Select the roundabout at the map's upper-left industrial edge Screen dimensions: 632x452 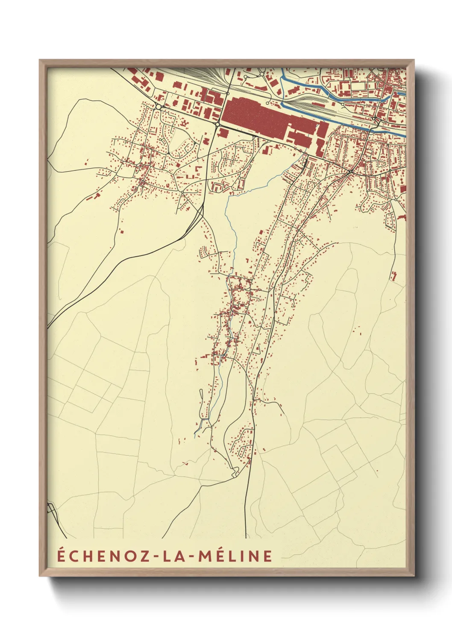158,106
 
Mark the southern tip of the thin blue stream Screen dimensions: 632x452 195,436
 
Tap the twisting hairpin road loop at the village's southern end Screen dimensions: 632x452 235,471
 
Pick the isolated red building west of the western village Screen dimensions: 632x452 86,163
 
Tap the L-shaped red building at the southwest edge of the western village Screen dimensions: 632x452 97,196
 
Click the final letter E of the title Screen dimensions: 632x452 267,556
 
